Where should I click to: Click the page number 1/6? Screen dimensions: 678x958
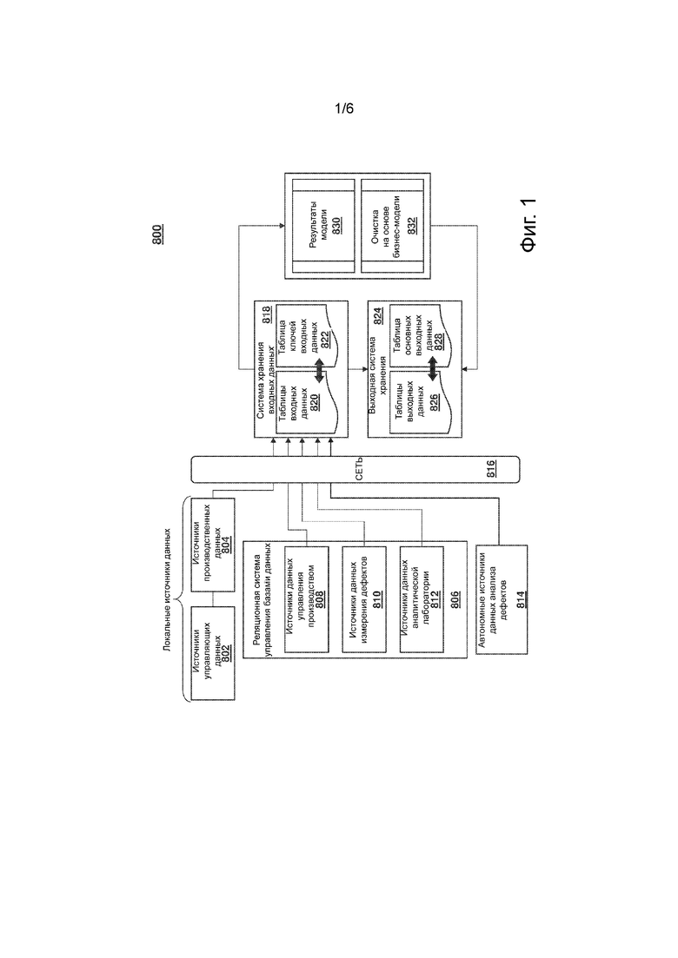point(343,109)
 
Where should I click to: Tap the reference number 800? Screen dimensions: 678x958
point(157,235)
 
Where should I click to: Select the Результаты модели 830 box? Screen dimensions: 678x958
point(323,226)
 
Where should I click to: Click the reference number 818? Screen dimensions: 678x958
point(267,315)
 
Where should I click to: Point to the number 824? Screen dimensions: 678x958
point(378,315)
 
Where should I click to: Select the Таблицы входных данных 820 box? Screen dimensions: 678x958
point(304,401)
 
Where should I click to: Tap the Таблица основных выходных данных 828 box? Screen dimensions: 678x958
point(418,336)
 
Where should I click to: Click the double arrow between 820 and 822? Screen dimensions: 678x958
point(318,370)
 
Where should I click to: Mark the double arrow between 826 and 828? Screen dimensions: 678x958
point(432,370)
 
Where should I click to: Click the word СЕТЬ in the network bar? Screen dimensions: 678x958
point(359,469)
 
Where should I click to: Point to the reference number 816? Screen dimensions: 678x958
point(491,469)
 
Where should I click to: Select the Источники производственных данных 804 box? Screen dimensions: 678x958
point(212,545)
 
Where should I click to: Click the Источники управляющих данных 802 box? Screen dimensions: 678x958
point(212,653)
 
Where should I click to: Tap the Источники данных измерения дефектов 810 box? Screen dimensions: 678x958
point(364,599)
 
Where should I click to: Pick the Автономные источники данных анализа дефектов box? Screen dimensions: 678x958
point(502,599)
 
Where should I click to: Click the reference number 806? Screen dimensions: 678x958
point(455,599)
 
